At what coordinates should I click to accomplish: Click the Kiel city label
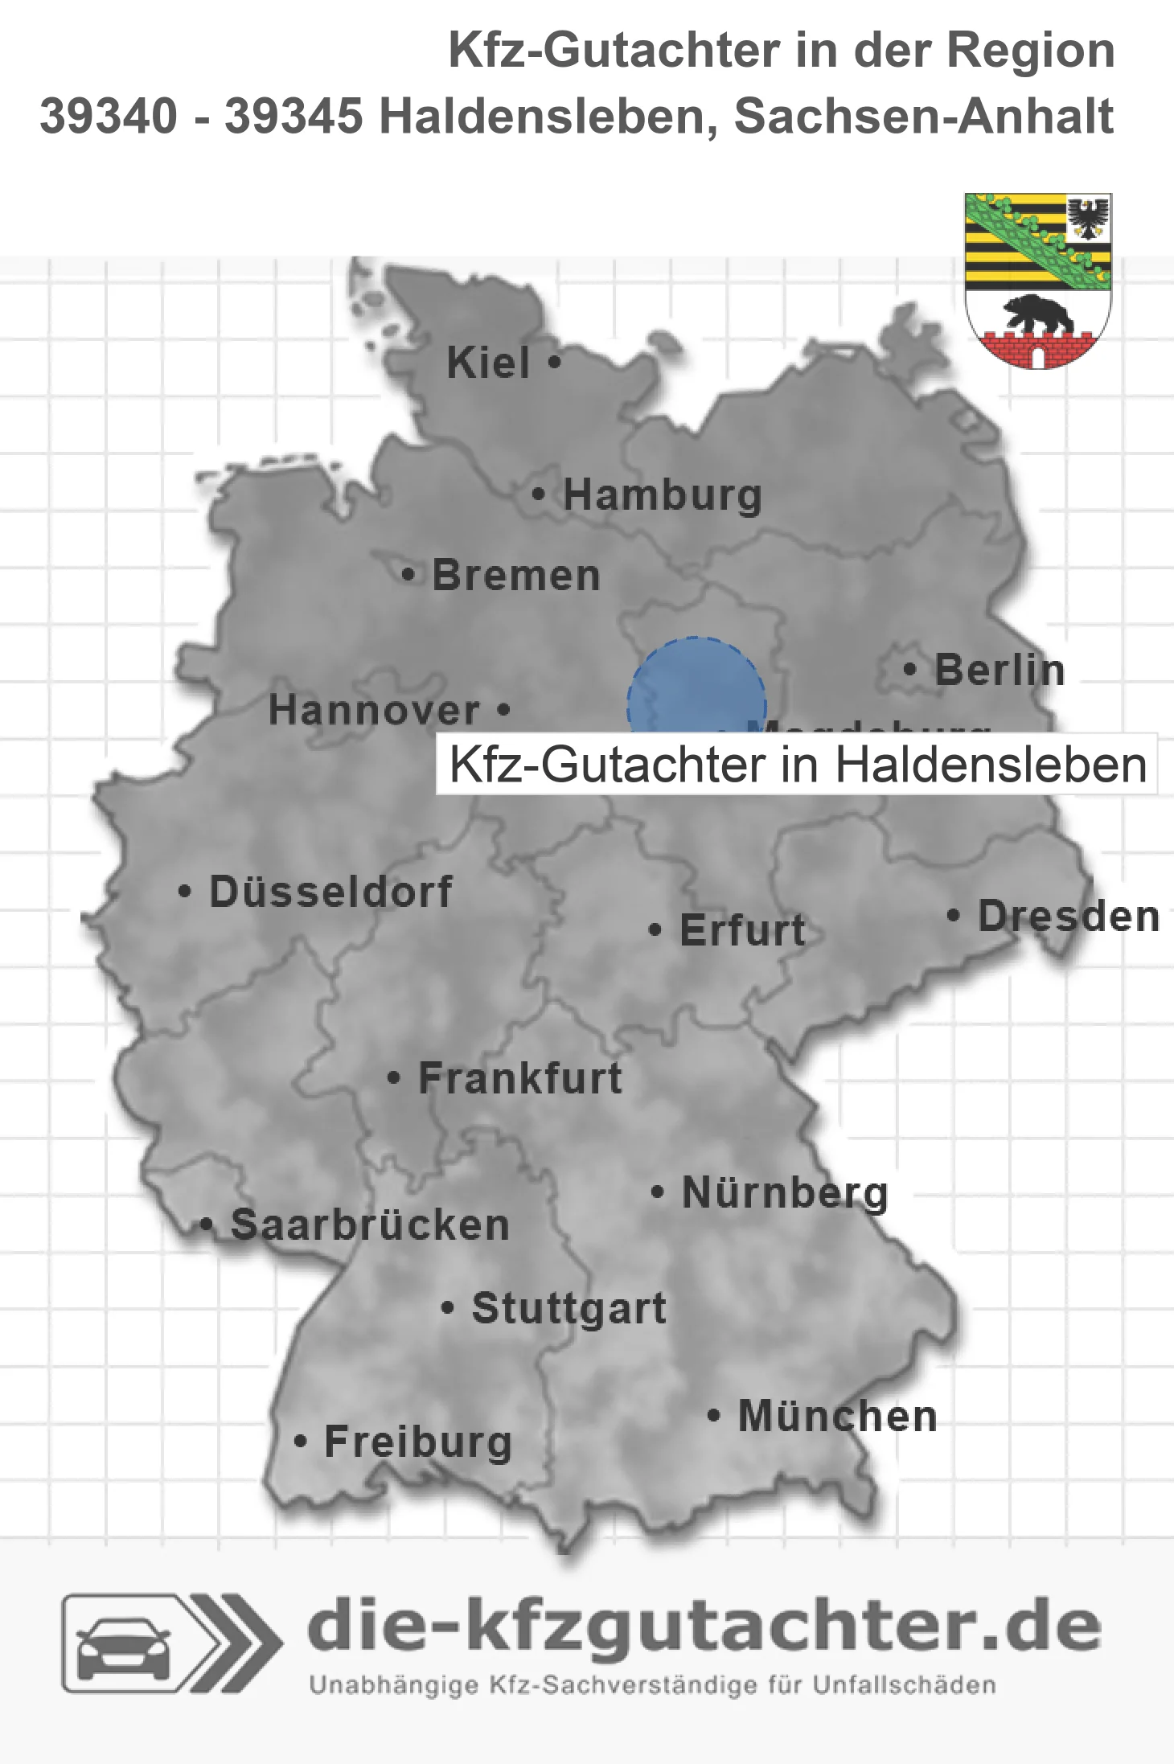pos(488,363)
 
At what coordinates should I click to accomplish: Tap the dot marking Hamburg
pos(539,494)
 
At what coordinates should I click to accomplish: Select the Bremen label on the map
pos(516,576)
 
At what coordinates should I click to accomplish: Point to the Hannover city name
pos(374,711)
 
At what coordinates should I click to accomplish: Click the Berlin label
pos(1000,671)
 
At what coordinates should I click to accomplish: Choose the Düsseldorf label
pos(330,892)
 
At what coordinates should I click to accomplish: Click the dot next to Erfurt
pos(655,930)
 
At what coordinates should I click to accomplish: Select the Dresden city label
pos(1069,917)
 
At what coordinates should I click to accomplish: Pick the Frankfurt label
pos(520,1078)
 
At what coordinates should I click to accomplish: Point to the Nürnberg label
pos(785,1193)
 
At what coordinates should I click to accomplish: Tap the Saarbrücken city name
pos(370,1225)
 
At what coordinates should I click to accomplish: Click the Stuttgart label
pos(569,1308)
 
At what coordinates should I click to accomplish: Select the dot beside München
pos(713,1416)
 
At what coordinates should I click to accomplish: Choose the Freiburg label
pos(418,1442)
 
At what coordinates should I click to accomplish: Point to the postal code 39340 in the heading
pos(109,116)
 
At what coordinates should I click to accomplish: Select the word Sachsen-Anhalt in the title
pos(923,116)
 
